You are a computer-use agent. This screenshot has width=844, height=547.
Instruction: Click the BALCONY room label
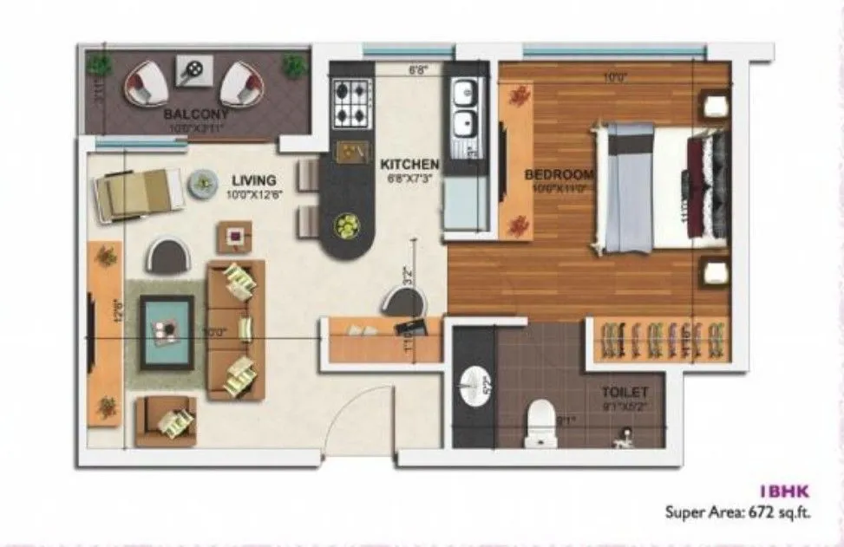pyautogui.click(x=196, y=114)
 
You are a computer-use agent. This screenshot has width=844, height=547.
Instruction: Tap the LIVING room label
pyautogui.click(x=253, y=180)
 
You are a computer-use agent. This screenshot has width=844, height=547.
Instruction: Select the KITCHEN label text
pyautogui.click(x=409, y=164)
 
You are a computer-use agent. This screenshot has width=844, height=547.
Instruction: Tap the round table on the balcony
pyautogui.click(x=195, y=69)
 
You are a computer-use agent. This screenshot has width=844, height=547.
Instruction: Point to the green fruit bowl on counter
pyautogui.click(x=346, y=227)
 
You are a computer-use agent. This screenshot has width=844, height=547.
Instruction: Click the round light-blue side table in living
pyautogui.click(x=203, y=182)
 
